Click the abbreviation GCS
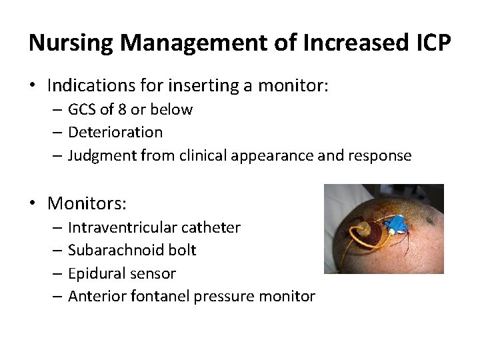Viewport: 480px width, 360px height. point(83,109)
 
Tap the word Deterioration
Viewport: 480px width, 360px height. point(115,133)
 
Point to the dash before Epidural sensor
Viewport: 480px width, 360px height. point(58,273)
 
